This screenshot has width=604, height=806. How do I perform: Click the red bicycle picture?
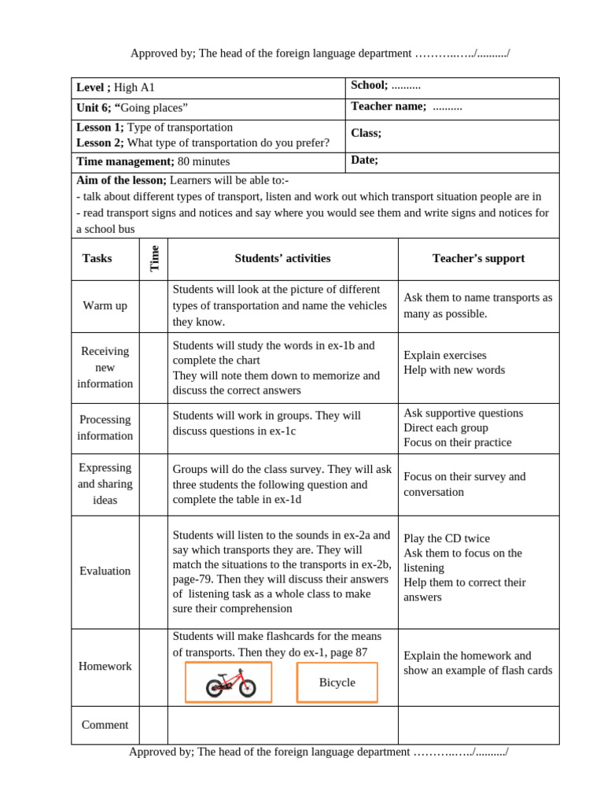coord(229,682)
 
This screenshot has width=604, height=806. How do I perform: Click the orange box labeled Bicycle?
coord(337,682)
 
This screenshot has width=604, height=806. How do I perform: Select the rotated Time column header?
coord(154,258)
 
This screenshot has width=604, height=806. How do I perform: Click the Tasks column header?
coord(97,258)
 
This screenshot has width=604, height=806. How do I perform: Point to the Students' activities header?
coord(282,258)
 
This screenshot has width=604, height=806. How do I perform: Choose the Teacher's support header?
coord(478,258)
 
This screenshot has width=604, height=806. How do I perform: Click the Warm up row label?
coord(105,305)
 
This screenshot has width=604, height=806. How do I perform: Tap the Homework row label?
coord(105,666)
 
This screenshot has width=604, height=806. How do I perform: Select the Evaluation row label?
coord(105,571)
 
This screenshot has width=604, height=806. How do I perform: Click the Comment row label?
coord(105,725)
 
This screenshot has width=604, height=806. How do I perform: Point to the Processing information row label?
coord(105,427)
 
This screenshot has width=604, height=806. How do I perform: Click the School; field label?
coord(369,85)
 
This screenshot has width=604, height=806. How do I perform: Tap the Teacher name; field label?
coord(388,106)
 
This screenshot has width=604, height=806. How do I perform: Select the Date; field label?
coord(364,160)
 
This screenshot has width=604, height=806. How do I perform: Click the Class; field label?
coord(366,133)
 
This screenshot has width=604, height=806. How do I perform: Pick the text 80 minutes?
coord(204,161)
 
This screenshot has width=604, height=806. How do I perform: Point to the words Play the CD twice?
coord(446,538)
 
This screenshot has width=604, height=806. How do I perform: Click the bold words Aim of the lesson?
coord(121,180)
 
